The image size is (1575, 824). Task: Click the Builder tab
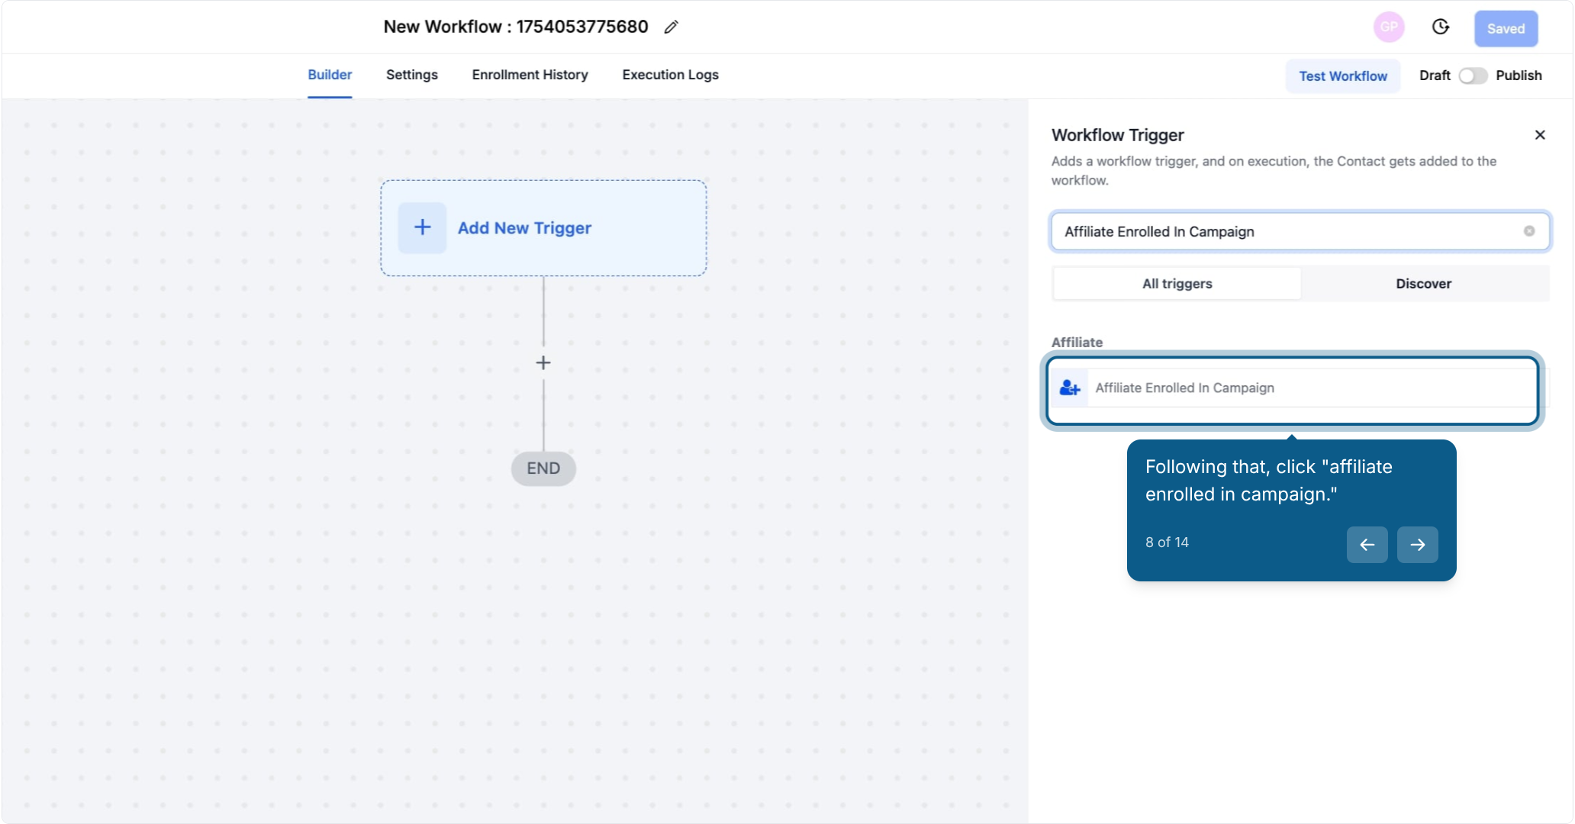(330, 75)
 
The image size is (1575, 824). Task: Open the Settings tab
(412, 75)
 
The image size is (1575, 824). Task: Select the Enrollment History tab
(530, 75)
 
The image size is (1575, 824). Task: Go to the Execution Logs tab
(670, 75)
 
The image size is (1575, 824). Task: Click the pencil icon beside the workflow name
(671, 27)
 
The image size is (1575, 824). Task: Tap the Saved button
(1506, 29)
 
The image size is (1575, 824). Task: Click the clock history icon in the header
(1440, 27)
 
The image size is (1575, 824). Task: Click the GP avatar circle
(1389, 27)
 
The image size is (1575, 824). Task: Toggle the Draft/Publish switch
(1473, 76)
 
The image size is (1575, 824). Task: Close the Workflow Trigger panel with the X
(1540, 135)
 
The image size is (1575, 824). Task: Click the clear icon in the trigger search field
(1529, 231)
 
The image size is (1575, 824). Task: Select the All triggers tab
(1177, 284)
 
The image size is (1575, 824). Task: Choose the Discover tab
(1424, 284)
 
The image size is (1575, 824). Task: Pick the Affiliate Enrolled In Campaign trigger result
(1293, 388)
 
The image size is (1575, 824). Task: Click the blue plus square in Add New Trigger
(422, 227)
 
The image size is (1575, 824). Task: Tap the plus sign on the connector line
(543, 363)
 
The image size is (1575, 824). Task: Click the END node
(543, 468)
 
